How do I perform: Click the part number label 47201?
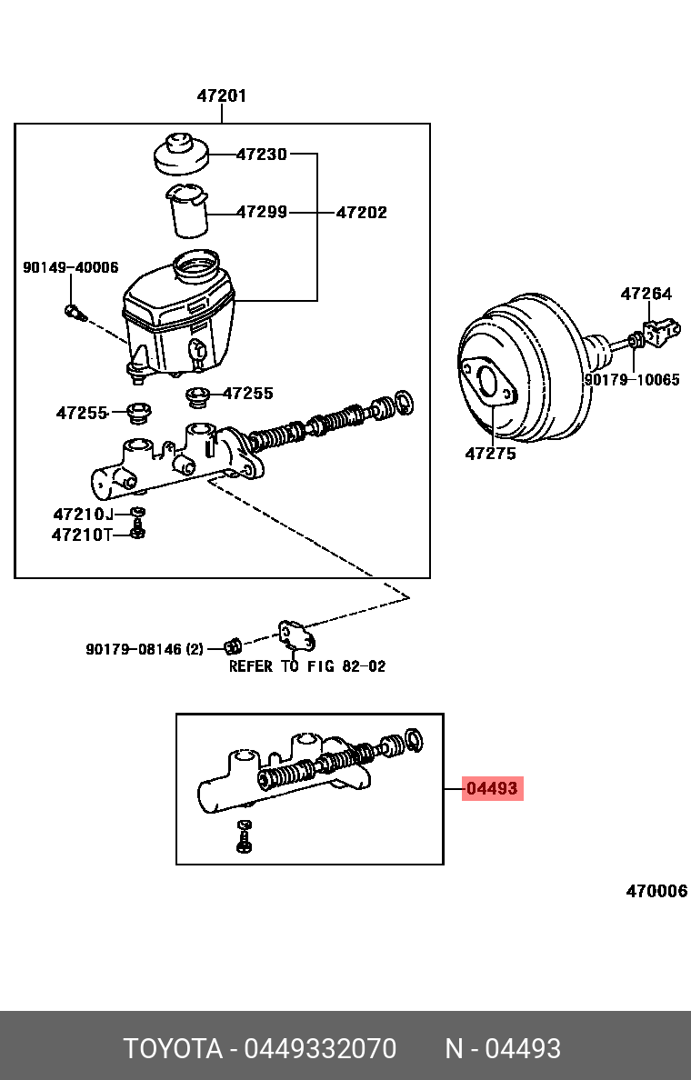coord(222,95)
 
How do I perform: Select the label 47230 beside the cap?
coord(261,155)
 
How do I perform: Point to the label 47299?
coord(261,212)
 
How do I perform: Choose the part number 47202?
coord(361,212)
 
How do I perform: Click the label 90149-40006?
coord(70,267)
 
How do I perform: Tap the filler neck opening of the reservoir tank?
coord(195,266)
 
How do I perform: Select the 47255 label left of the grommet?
coord(82,413)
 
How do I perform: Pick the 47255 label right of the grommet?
coord(248,394)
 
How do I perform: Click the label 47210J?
coord(83,515)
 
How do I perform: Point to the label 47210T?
coord(82,535)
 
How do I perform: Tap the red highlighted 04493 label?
coord(492,789)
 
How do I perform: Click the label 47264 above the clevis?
coord(646,294)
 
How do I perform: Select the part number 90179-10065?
coord(631,380)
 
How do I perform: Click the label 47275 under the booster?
coord(490,453)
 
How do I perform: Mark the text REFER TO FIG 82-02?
coord(307,666)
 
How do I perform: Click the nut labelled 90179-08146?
coord(232,647)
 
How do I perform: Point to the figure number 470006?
coord(656,891)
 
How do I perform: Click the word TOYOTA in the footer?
coord(173,1049)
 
